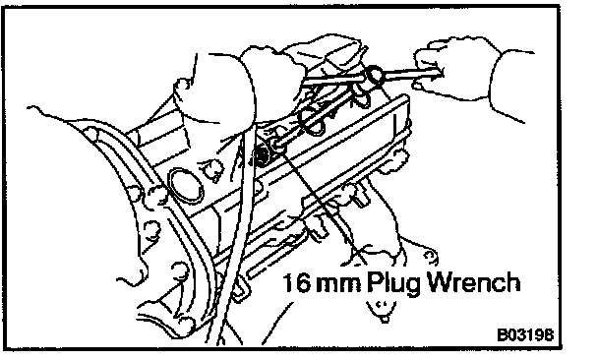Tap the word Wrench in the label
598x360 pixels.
point(473,281)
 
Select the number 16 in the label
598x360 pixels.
point(296,282)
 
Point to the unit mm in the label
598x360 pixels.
point(339,285)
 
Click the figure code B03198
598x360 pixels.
point(525,334)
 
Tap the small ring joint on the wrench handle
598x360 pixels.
point(375,75)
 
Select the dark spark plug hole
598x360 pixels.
point(262,154)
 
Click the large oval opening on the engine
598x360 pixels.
point(185,185)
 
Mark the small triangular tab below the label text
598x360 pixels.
point(380,310)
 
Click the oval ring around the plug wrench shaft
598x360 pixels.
point(312,121)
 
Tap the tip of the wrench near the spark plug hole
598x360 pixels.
point(277,144)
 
